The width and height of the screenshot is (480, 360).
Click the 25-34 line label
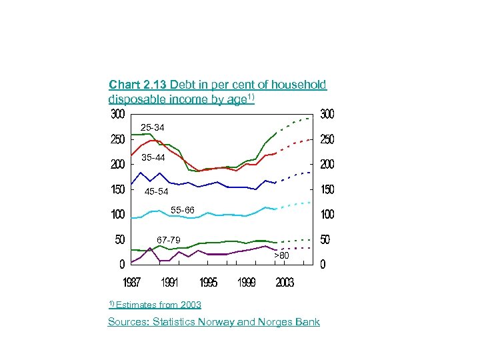click(152, 127)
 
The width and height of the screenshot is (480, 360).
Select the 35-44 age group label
click(153, 158)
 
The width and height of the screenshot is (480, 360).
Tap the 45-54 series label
click(157, 192)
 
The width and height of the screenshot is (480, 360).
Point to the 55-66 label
click(183, 210)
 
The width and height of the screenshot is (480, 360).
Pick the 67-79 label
click(168, 240)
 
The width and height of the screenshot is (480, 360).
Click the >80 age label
click(282, 255)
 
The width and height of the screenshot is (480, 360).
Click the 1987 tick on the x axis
click(131, 283)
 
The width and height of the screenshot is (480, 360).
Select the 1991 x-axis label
click(170, 283)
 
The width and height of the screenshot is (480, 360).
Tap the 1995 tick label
click(208, 283)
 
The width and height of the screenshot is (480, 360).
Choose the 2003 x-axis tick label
click(285, 283)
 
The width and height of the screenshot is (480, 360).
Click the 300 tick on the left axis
click(117, 115)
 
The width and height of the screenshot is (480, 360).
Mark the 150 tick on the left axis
click(117, 190)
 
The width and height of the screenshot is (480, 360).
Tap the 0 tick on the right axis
click(323, 265)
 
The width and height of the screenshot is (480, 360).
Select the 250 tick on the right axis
click(327, 140)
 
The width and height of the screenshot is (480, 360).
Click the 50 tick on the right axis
click(325, 239)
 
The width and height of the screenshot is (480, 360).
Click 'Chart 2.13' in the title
click(138, 85)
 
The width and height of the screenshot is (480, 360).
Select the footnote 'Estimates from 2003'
click(158, 305)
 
